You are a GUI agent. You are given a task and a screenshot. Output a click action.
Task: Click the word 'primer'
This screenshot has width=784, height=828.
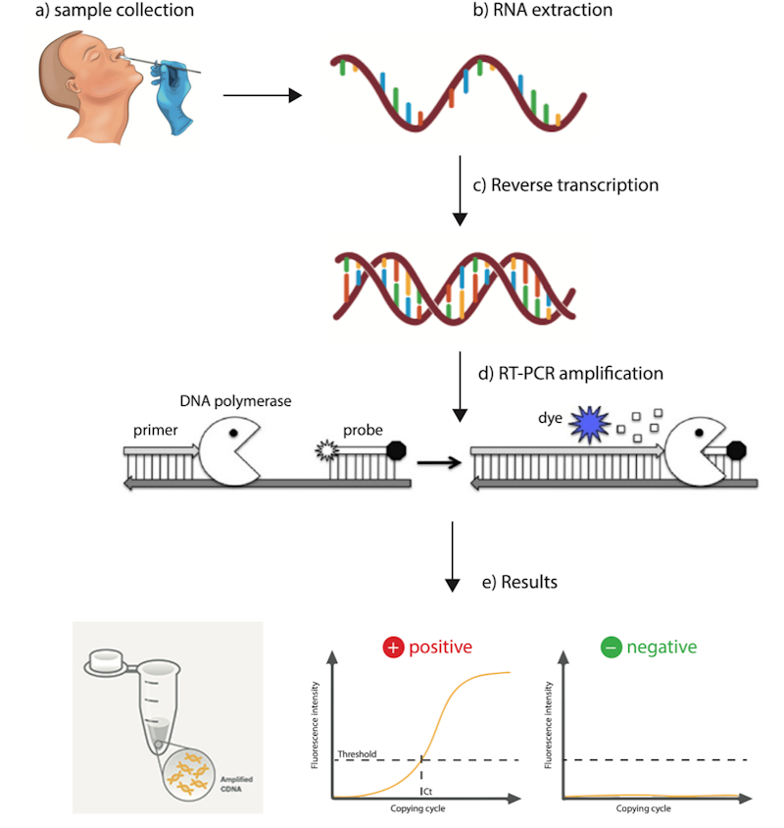click(156, 430)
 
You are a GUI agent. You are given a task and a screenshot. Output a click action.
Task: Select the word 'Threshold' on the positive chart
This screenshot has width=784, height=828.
click(357, 753)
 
